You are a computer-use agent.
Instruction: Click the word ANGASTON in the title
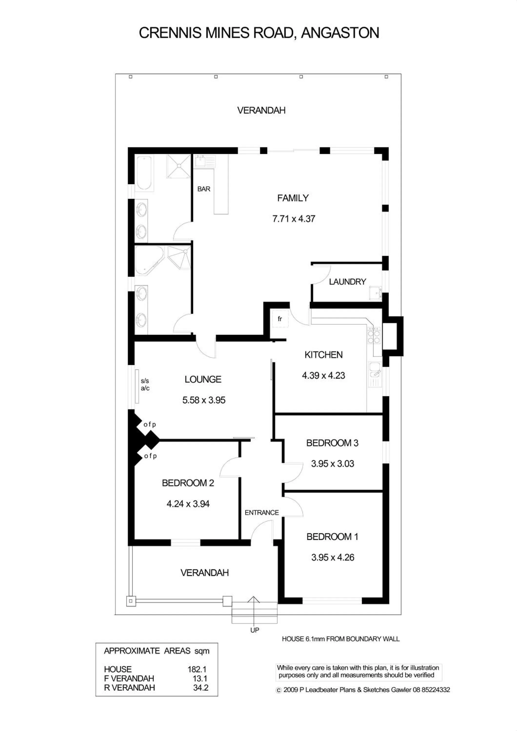(340, 33)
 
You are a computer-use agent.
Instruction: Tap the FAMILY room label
(293, 198)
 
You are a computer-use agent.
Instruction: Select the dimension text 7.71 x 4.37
(293, 219)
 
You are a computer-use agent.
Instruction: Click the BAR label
(204, 189)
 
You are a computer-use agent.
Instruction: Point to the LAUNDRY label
(347, 281)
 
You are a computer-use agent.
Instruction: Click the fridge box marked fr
(280, 319)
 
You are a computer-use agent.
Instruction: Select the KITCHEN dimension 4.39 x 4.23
(323, 375)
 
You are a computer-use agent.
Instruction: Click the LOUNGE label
(203, 379)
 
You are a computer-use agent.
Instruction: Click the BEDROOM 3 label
(332, 443)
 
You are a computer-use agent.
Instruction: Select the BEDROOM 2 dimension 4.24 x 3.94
(188, 504)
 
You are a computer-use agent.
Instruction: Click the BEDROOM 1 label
(332, 537)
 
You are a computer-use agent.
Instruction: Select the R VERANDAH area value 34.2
(200, 687)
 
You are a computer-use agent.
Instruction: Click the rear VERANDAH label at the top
(261, 110)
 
